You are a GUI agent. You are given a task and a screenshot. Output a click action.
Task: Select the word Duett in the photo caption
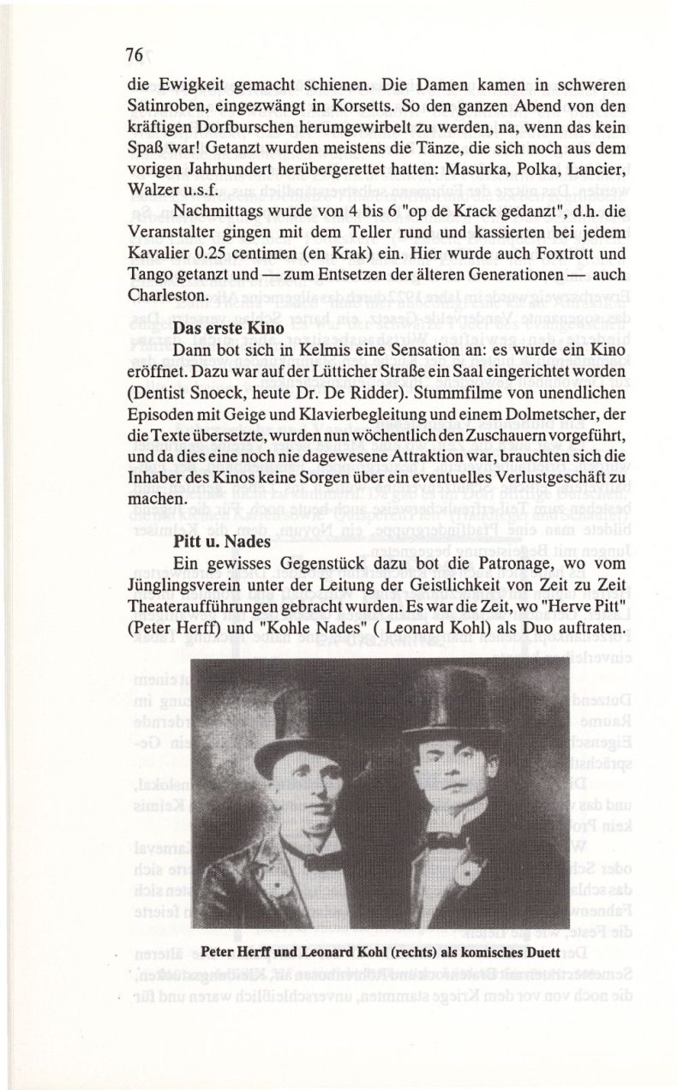(x=536, y=949)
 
